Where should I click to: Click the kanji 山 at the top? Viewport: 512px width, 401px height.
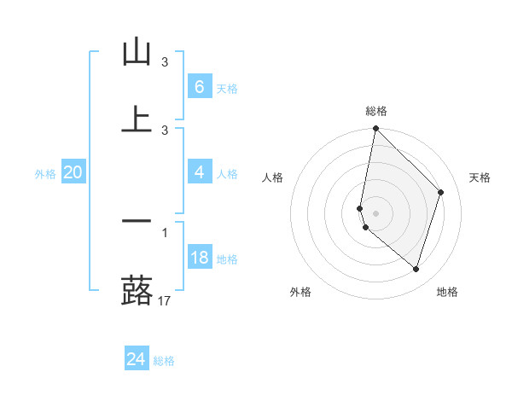coord(137,52)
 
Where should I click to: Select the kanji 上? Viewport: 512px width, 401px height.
coord(137,119)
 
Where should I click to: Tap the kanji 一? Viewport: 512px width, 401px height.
coord(137,221)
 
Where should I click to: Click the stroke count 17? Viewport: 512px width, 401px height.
coord(164,300)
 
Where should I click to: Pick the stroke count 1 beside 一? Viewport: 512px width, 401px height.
coord(165,232)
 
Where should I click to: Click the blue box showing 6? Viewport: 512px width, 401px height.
coord(199,86)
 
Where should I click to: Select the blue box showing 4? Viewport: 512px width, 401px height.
coord(199,172)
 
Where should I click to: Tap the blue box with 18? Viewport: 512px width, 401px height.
coord(199,258)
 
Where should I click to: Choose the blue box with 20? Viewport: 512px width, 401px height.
coord(73,172)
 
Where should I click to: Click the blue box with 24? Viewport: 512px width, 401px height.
coord(136,359)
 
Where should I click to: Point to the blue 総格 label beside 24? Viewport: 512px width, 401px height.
coord(165,361)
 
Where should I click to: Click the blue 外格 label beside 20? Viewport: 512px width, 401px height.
coord(45,174)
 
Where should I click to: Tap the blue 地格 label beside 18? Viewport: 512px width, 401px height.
coord(228,259)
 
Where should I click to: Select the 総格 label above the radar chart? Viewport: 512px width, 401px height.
coord(376,111)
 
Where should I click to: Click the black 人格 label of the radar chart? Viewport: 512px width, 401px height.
coord(273,177)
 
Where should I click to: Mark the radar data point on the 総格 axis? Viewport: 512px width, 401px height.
coord(375,129)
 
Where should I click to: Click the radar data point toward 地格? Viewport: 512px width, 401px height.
coord(416,269)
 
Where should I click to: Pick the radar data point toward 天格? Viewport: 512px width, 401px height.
coord(441,192)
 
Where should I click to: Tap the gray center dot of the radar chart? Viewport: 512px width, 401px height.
coord(375,212)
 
